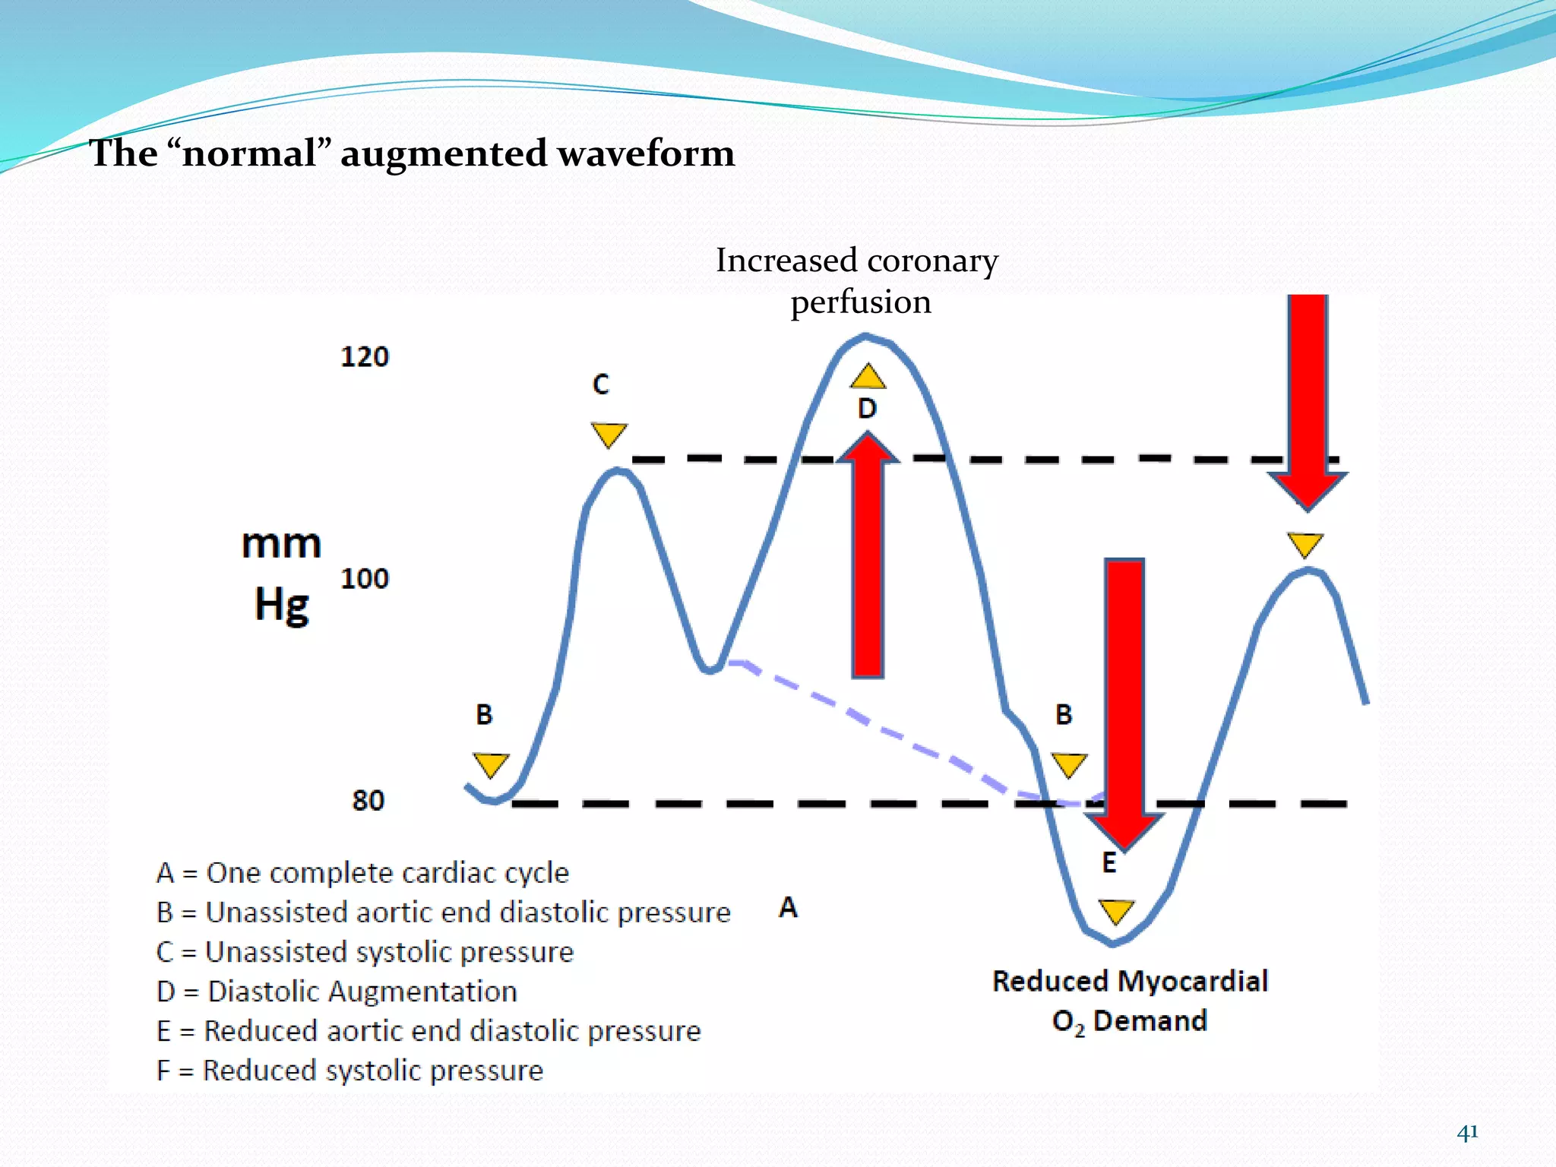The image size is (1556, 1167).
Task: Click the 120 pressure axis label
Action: coord(365,356)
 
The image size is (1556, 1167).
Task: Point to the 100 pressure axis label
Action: coord(365,579)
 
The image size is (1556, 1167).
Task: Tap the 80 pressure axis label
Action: coord(368,801)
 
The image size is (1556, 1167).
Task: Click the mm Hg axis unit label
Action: coord(282,574)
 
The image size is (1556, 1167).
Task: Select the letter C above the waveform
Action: coord(601,384)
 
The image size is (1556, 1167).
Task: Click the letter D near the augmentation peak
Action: coord(867,409)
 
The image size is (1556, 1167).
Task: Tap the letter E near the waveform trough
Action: coord(1109,863)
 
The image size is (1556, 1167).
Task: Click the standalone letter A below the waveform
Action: coord(789,907)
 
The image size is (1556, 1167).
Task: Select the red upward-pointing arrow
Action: coord(868,555)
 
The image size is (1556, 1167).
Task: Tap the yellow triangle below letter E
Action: coord(1116,910)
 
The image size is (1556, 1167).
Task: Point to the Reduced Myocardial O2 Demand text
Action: coord(1130,1001)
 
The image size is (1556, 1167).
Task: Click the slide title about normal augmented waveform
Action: coord(412,153)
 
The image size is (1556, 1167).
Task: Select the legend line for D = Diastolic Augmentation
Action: coord(337,991)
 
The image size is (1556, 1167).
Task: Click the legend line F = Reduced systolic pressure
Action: coord(349,1071)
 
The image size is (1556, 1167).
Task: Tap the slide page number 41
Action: coord(1467,1132)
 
